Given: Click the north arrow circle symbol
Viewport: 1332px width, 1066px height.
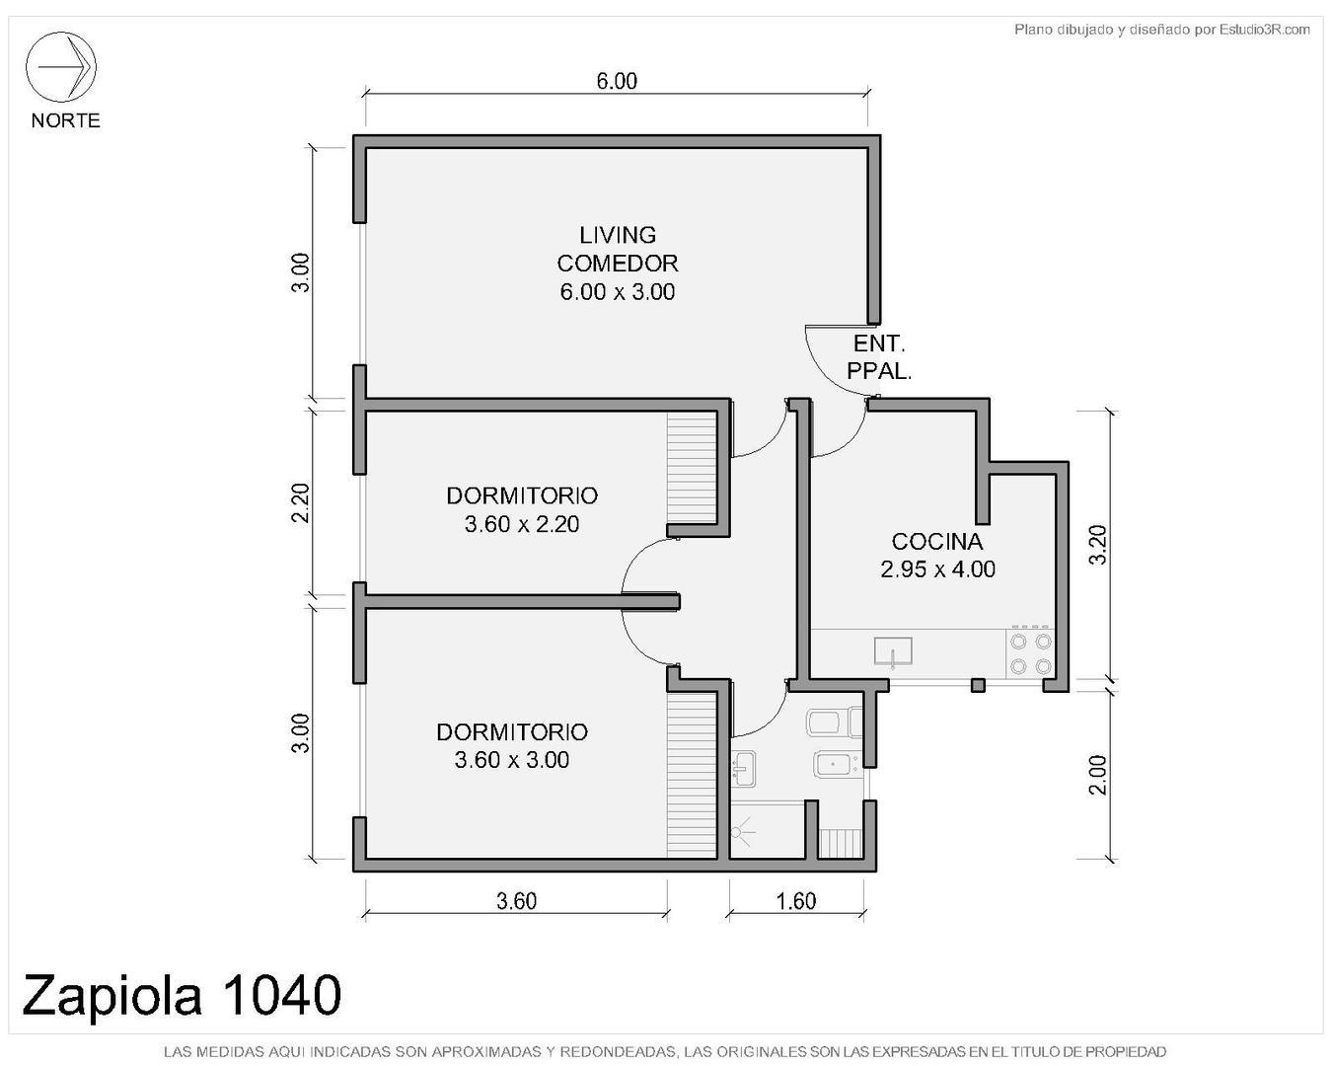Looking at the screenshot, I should [x=60, y=67].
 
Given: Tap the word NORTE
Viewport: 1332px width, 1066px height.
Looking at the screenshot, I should [x=65, y=120].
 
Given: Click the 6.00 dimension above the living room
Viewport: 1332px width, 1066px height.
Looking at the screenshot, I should [x=617, y=81].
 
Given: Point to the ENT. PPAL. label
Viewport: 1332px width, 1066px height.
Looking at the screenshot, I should [x=879, y=357].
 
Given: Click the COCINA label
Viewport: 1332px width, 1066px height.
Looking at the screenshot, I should [x=936, y=541].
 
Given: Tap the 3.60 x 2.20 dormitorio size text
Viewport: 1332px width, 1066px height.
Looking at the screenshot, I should [x=521, y=524].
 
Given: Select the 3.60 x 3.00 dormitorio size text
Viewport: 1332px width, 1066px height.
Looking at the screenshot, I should [x=511, y=760].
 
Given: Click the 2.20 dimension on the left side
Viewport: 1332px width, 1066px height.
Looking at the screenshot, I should [x=301, y=503].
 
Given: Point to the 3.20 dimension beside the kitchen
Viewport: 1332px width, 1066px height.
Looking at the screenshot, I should [x=1097, y=545].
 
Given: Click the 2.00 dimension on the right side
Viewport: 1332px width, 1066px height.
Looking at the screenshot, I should [x=1097, y=774].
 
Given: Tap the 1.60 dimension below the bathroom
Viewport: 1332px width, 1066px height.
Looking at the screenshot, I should [x=795, y=901].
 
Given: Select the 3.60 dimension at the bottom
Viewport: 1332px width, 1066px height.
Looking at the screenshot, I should [x=516, y=901].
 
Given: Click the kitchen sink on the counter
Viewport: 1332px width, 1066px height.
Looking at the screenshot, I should [x=892, y=651].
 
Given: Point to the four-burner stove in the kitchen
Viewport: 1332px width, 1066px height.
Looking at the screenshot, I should [x=1030, y=653].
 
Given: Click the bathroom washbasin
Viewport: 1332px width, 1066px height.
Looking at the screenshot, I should [x=744, y=768].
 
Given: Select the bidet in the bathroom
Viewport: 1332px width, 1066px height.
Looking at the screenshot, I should [x=834, y=765].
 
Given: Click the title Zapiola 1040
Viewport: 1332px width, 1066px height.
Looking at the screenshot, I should [x=182, y=994].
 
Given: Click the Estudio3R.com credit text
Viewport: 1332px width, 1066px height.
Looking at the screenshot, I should [x=1161, y=30].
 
